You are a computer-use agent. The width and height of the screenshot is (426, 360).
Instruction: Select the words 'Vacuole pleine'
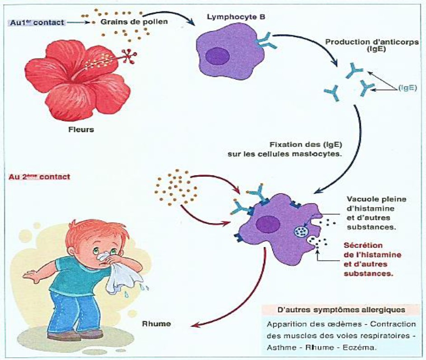click(370, 199)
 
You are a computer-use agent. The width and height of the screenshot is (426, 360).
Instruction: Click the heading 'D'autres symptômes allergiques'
click(341, 310)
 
